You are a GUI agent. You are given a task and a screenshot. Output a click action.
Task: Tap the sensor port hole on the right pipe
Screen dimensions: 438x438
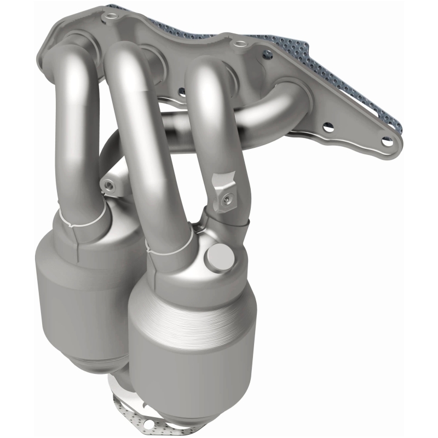point(224,201)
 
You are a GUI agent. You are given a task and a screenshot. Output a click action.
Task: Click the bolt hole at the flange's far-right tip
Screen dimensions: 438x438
point(388,140)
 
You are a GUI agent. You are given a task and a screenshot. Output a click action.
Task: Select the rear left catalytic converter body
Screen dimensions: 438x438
point(71,285)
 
